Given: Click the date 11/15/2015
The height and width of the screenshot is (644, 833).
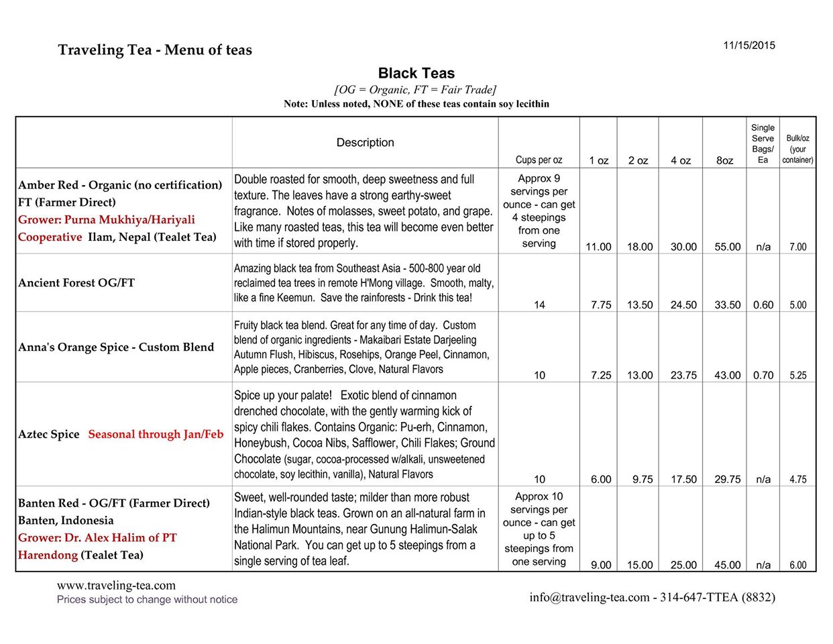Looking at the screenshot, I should [x=748, y=46].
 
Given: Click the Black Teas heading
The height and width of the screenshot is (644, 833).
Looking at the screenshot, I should [x=416, y=74].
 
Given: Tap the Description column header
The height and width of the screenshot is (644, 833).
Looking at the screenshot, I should [x=365, y=143].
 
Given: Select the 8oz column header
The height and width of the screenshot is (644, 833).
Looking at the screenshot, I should [x=724, y=161].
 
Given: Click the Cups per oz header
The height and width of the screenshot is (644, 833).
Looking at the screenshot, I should [x=539, y=160].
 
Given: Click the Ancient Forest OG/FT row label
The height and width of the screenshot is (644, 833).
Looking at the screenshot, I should [x=76, y=283].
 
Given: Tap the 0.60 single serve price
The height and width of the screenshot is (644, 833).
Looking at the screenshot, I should [x=763, y=305].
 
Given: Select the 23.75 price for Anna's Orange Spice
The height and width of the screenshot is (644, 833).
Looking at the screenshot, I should [x=683, y=376].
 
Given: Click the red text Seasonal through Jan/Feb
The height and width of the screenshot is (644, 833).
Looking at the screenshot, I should [x=156, y=435].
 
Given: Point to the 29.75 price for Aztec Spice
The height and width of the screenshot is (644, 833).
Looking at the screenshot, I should [x=727, y=480].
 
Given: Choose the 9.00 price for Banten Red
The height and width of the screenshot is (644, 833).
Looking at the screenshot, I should [x=600, y=566].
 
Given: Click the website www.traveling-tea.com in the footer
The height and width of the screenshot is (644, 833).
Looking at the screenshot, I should [x=116, y=586].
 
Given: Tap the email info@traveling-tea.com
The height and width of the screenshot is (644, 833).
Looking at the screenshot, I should [x=589, y=597].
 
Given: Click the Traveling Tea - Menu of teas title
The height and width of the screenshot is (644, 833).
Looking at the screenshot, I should [x=155, y=50].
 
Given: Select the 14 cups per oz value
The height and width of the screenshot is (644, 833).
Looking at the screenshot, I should [x=539, y=305].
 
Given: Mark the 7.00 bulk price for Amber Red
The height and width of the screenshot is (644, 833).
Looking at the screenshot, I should [x=797, y=247].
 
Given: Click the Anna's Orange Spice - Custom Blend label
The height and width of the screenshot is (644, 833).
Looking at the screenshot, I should [x=116, y=347].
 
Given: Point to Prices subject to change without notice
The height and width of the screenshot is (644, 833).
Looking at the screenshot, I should [x=147, y=600].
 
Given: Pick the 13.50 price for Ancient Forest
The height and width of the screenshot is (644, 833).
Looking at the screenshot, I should [x=639, y=305].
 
